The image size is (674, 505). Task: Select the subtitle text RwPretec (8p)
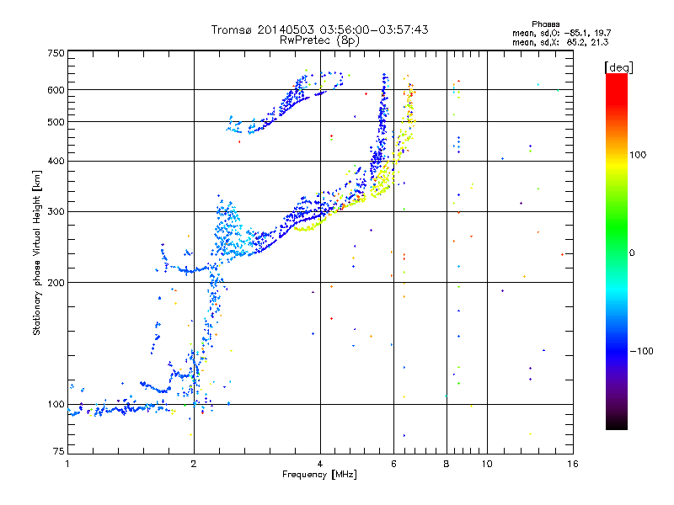click(x=319, y=40)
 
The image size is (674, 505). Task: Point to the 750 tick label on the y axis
click(x=56, y=53)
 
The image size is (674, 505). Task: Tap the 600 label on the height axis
click(x=56, y=90)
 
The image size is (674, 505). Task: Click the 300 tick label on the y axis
click(x=56, y=211)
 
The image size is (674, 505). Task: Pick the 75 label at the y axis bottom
click(x=59, y=451)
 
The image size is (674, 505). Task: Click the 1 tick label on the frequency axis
click(x=67, y=464)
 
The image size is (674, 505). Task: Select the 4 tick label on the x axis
click(x=320, y=464)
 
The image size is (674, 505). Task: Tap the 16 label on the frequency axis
click(x=573, y=464)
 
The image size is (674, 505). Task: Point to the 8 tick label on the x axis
click(x=447, y=464)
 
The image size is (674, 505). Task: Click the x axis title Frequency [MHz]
click(x=319, y=475)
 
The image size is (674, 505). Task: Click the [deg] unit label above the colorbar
click(x=618, y=67)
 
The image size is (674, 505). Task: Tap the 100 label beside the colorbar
click(x=638, y=155)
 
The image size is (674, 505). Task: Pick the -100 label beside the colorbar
click(x=641, y=351)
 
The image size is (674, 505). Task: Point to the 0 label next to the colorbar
click(x=632, y=253)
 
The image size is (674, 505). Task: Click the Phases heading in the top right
click(x=545, y=24)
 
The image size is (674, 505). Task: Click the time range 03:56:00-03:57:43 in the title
click(x=374, y=29)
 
